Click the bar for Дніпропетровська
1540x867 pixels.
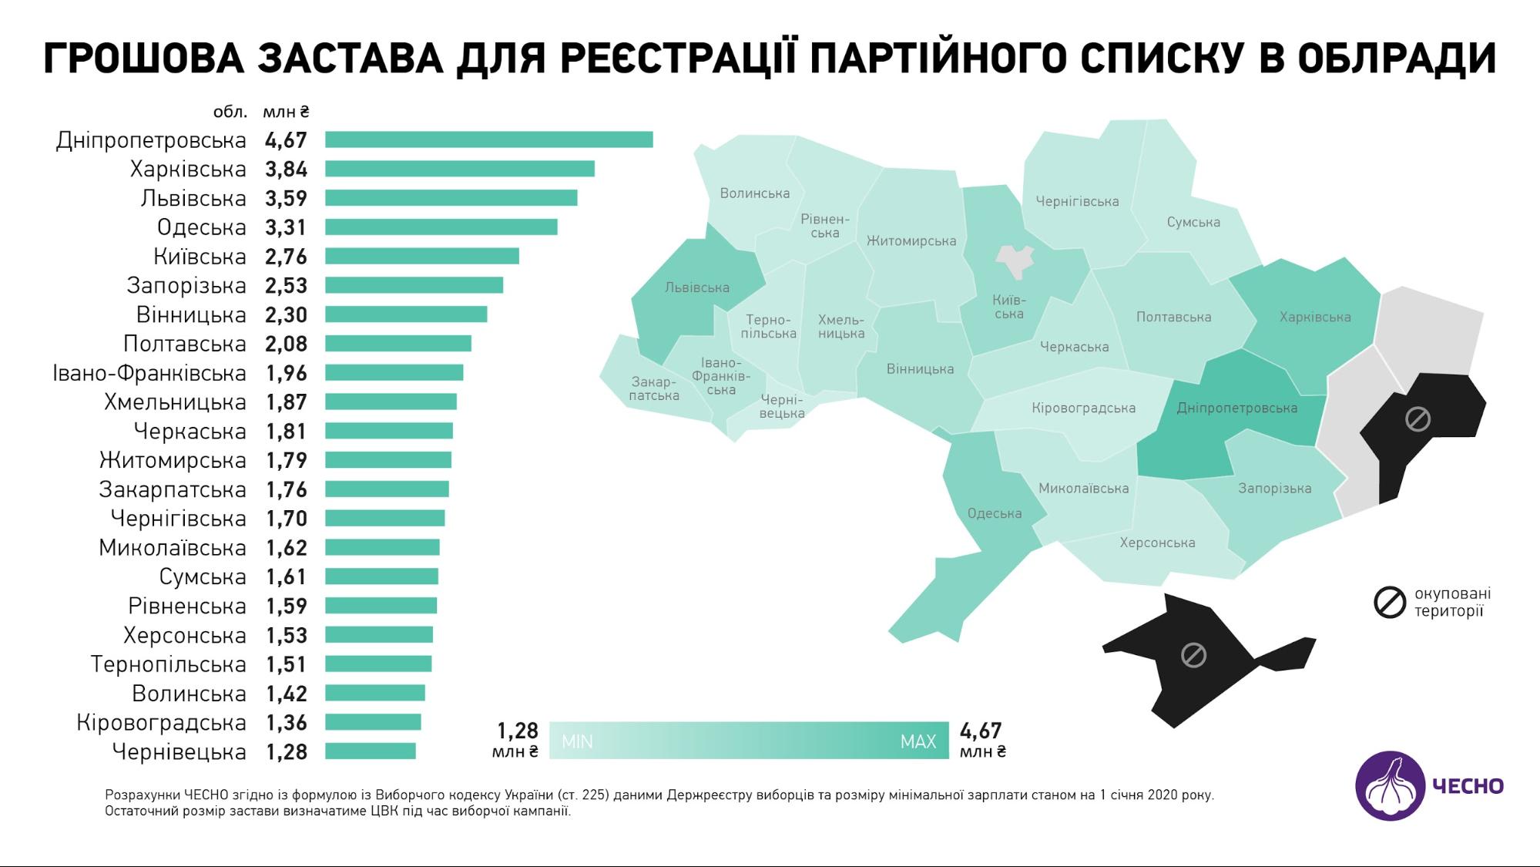click(x=488, y=139)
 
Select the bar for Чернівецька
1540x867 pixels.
click(x=370, y=751)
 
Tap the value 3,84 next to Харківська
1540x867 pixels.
click(x=286, y=169)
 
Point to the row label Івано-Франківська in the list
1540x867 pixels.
click(x=149, y=373)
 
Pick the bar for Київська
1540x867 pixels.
click(x=421, y=256)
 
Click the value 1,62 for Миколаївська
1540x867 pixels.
click(x=287, y=548)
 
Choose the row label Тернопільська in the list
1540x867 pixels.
click(x=168, y=664)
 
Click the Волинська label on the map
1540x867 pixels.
click(x=754, y=193)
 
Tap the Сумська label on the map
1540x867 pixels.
click(x=1193, y=222)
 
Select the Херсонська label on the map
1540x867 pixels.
click(x=1157, y=543)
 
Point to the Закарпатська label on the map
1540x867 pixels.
click(x=654, y=389)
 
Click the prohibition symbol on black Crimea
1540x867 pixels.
click(x=1193, y=656)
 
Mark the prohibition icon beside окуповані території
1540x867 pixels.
click(x=1390, y=603)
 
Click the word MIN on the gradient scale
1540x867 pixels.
click(x=577, y=741)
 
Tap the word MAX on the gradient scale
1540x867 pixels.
click(x=918, y=741)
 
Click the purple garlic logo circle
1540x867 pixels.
click(x=1391, y=786)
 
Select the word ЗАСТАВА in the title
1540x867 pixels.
click(x=351, y=59)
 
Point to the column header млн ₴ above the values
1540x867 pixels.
click(x=286, y=112)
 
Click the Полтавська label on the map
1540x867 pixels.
click(x=1173, y=317)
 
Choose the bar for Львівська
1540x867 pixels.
click(x=451, y=198)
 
